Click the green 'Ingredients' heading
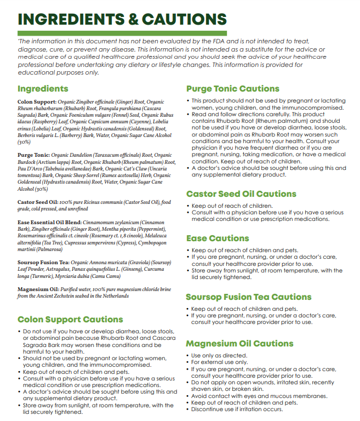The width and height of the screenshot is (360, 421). [43, 89]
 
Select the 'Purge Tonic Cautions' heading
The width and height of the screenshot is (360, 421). [233, 89]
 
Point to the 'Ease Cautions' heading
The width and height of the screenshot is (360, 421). [218, 238]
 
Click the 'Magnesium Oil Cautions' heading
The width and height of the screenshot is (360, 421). [232, 344]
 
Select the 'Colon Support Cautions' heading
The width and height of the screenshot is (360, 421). [70, 320]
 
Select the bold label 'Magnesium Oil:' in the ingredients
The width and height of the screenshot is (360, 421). [37, 289]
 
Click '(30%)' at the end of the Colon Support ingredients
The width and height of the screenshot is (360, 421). [24, 142]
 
